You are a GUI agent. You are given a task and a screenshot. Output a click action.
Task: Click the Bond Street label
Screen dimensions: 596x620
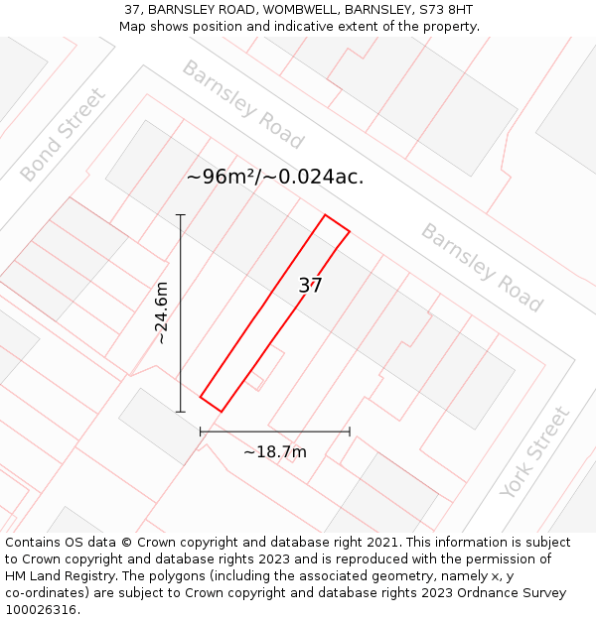click(x=62, y=135)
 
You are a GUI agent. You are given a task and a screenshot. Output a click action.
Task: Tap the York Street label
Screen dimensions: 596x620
click(x=535, y=452)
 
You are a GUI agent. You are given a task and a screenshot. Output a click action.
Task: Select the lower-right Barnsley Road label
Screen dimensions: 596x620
click(x=482, y=267)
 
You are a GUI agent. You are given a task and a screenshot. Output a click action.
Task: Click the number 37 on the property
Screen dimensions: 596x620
click(x=311, y=286)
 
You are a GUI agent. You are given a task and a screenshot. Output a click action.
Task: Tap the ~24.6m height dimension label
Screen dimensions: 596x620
click(x=162, y=313)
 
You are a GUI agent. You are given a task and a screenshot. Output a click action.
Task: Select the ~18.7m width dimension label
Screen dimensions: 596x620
click(x=275, y=452)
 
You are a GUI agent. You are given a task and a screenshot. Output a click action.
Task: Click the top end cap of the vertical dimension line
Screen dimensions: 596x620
click(x=180, y=214)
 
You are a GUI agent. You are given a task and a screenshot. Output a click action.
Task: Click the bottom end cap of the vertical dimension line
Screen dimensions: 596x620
click(x=180, y=412)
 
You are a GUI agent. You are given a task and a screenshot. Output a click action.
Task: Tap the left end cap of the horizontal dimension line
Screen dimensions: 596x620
click(x=201, y=432)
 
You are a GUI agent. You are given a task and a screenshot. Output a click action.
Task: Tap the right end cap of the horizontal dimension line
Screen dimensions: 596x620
click(x=350, y=432)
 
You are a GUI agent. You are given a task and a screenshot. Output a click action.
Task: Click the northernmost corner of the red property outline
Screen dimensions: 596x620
click(x=325, y=214)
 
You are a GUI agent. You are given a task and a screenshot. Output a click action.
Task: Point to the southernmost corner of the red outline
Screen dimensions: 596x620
click(x=221, y=412)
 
